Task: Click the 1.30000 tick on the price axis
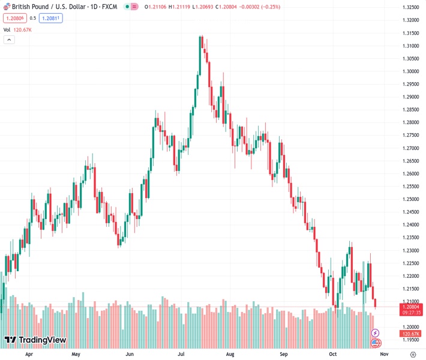click(410, 71)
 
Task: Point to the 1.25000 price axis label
click(410, 199)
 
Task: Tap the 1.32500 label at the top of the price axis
click(410, 7)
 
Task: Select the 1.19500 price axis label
click(410, 340)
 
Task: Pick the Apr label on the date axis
click(29, 354)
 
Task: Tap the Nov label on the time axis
click(385, 354)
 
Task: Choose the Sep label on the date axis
click(284, 354)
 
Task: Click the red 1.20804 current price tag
click(410, 307)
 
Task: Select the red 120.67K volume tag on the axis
click(410, 334)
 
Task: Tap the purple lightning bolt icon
click(376, 332)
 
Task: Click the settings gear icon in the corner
click(413, 354)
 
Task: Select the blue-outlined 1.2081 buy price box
click(52, 18)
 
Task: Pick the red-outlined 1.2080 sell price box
click(14, 18)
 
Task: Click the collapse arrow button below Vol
click(9, 40)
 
